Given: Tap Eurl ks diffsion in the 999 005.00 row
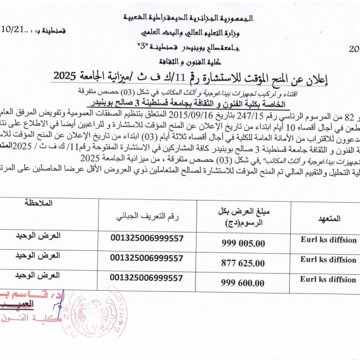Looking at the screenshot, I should point(328,239).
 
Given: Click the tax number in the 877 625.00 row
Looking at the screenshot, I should point(147,258).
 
